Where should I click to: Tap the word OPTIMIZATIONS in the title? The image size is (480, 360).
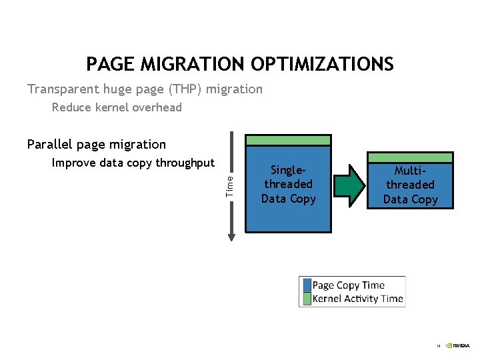click(x=322, y=64)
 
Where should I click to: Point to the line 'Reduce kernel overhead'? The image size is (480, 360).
click(x=117, y=107)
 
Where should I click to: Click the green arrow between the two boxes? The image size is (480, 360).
click(x=349, y=185)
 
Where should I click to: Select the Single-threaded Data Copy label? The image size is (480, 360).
click(x=288, y=185)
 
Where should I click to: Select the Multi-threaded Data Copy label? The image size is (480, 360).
click(x=410, y=185)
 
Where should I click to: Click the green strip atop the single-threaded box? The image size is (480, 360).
click(x=288, y=140)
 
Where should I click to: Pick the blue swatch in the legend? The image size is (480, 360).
click(x=307, y=285)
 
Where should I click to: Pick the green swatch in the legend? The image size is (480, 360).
click(x=307, y=299)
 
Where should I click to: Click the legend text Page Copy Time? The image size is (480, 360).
click(x=348, y=285)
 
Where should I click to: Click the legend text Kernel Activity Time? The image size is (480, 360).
click(x=357, y=299)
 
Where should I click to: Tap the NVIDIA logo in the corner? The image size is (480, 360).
click(x=458, y=346)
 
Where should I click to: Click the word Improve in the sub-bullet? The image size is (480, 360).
click(x=73, y=163)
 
